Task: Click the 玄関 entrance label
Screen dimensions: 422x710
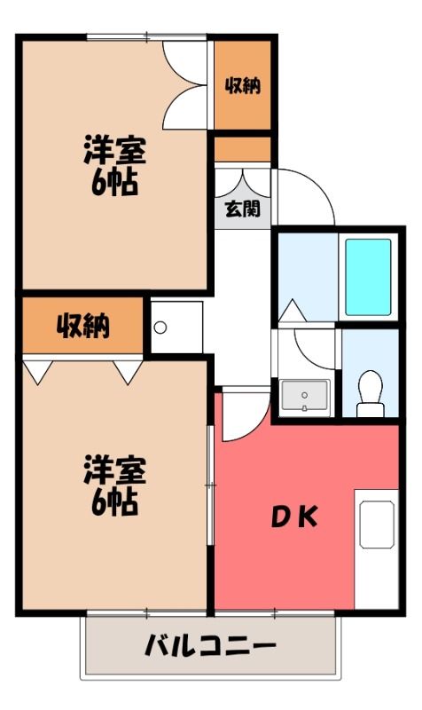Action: coord(243,209)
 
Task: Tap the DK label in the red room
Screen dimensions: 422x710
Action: coord(294,517)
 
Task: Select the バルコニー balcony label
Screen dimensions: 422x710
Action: coord(210,645)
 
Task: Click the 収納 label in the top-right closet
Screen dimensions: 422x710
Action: coord(243,85)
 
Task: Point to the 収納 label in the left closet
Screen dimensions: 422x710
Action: coord(83,326)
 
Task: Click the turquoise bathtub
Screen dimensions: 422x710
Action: coord(368,277)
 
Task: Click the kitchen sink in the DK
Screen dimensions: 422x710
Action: coord(377,525)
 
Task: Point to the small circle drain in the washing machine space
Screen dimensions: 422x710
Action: coord(160,327)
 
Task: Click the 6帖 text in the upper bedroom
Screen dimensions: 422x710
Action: coord(115,183)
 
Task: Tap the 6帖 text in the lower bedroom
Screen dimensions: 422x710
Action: coord(115,503)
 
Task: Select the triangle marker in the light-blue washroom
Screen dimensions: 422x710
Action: coord(293,311)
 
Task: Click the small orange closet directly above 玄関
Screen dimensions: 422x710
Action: coord(242,149)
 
